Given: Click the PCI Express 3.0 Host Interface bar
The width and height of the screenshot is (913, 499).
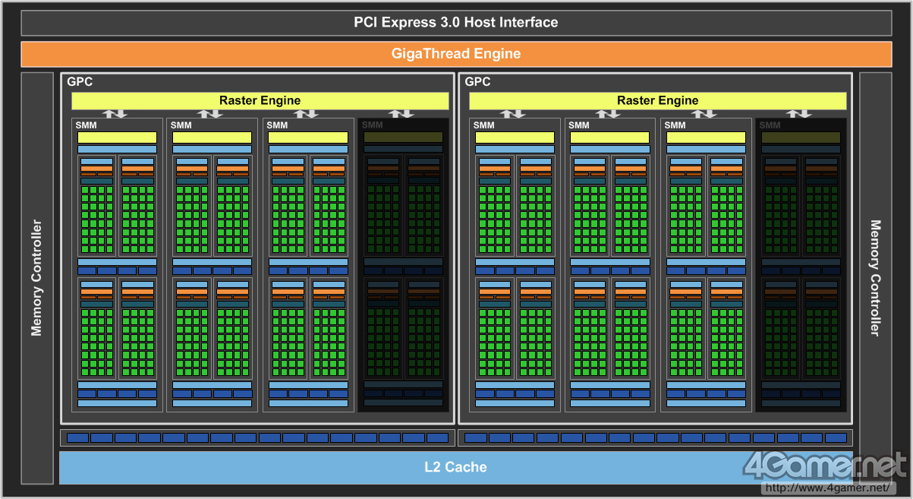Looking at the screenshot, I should tap(455, 23).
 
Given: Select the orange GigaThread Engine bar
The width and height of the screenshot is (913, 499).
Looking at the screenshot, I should tap(455, 54).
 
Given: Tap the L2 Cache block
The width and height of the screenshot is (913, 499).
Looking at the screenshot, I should tap(455, 467).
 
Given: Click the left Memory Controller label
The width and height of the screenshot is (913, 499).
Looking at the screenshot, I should tap(36, 278).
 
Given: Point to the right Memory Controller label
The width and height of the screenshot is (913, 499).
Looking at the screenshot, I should tap(875, 278).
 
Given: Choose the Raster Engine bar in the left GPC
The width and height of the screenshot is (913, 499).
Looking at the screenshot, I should tap(260, 100).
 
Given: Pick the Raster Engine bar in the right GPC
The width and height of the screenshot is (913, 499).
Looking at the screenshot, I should tap(657, 100).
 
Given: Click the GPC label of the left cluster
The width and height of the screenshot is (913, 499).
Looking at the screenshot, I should tap(80, 81).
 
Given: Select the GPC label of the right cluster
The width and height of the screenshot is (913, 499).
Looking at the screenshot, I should tap(477, 81).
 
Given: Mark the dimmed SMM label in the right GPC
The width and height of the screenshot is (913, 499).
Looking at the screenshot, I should tap(770, 125).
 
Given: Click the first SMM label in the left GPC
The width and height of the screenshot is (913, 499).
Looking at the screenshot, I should tap(86, 125).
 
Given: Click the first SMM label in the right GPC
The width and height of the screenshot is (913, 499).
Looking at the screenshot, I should tap(483, 125).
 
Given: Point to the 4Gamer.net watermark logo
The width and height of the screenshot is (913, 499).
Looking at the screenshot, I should tap(824, 466).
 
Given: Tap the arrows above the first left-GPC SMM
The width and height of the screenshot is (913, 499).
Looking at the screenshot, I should tap(115, 114).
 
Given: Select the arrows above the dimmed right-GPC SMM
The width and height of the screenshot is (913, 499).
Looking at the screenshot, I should tap(798, 114).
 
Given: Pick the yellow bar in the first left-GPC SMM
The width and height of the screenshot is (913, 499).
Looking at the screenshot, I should tap(116, 137).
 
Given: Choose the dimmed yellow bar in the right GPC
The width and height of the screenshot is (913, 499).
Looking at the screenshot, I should tap(801, 137).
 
